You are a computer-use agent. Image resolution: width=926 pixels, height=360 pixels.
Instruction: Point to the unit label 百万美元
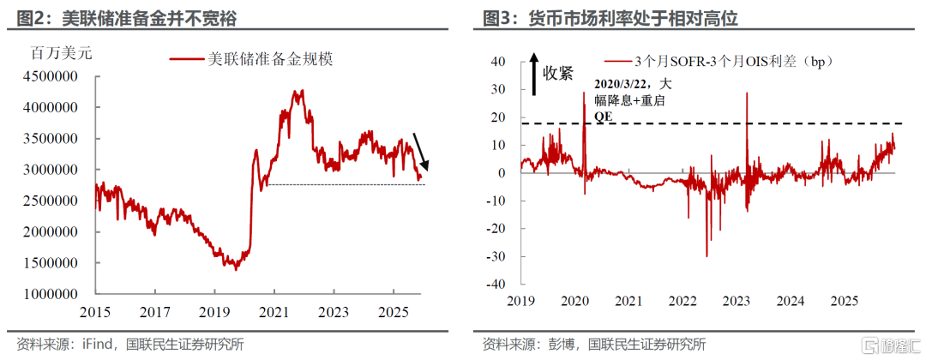(61, 52)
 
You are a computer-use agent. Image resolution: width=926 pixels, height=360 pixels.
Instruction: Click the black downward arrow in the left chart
(421, 151)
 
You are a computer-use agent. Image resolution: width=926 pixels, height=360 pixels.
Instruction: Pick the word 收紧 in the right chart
(557, 73)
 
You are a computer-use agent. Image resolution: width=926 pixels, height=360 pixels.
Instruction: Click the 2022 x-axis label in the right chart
(683, 301)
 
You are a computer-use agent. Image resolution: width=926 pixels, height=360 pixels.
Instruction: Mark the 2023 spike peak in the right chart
(747, 93)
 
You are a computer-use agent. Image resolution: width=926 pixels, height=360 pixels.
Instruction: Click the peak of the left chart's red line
(301, 90)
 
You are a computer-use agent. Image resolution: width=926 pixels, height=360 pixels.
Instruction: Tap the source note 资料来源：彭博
(526, 344)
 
